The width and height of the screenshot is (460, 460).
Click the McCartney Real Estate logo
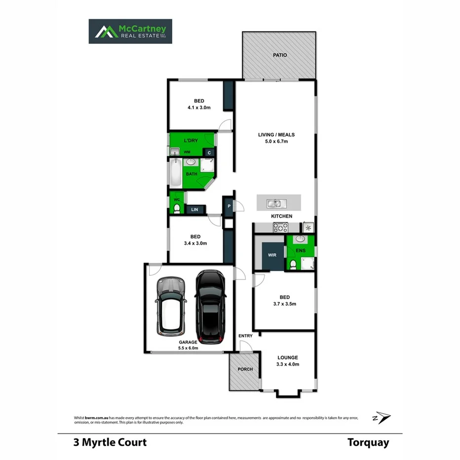pyautogui.click(x=130, y=31)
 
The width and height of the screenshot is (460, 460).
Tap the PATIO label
pyautogui.click(x=280, y=55)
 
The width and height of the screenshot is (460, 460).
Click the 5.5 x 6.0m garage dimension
pyautogui.click(x=188, y=348)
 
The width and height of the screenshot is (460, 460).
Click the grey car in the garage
pyautogui.click(x=171, y=306)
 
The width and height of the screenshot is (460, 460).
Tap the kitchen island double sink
pyautogui.click(x=273, y=203)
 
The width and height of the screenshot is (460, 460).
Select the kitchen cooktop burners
pyautogui.click(x=281, y=227)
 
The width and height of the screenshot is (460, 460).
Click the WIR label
pyautogui.click(x=272, y=255)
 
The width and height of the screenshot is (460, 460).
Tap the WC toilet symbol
pyautogui.click(x=176, y=208)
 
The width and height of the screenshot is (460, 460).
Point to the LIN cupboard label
pyautogui.click(x=194, y=210)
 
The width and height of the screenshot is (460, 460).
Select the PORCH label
pyautogui.click(x=245, y=369)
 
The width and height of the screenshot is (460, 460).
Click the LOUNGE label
pyautogui.click(x=288, y=358)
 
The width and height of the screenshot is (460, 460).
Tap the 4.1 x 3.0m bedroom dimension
pyautogui.click(x=199, y=107)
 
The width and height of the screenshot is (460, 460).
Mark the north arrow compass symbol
pyautogui.click(x=382, y=418)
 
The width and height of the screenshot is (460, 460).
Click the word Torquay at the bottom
pyautogui.click(x=368, y=442)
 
